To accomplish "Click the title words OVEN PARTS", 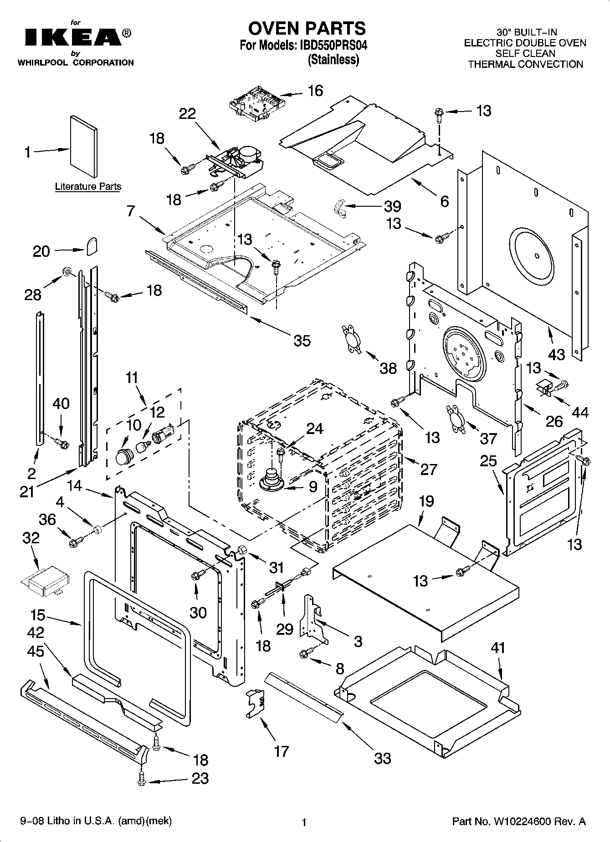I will (307, 28).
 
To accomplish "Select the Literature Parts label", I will (88, 186).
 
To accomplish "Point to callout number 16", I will (315, 91).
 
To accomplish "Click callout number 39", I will (392, 206).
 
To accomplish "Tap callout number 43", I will (557, 354).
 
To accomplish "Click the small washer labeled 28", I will (67, 272).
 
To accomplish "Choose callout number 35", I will (302, 340).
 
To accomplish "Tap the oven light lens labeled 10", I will (123, 455).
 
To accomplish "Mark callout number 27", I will (429, 469).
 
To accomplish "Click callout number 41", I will (498, 647).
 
